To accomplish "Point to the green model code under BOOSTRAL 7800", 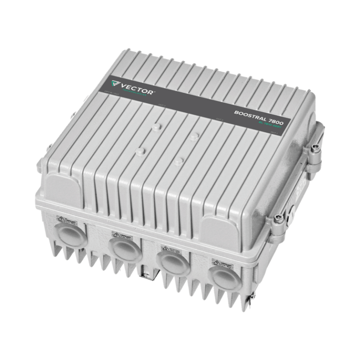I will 270,125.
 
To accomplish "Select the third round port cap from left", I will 173,262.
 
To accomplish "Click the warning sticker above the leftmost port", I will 62,218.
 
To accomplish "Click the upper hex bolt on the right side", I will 316,148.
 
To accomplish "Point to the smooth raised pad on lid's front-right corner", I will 219,233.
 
